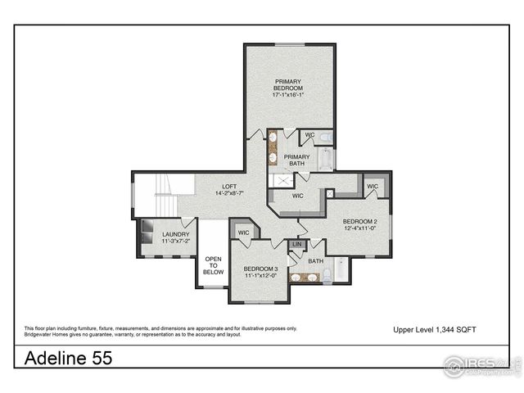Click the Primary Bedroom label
[288, 88]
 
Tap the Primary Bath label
[296, 160]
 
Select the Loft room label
[229, 189]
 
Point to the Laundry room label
[175, 237]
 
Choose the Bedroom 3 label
[262, 272]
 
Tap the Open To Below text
[213, 266]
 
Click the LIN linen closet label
[297, 245]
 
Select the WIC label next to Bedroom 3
[243, 233]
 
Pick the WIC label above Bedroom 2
[373, 187]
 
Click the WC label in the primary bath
[310, 135]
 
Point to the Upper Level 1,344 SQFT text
[435, 329]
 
